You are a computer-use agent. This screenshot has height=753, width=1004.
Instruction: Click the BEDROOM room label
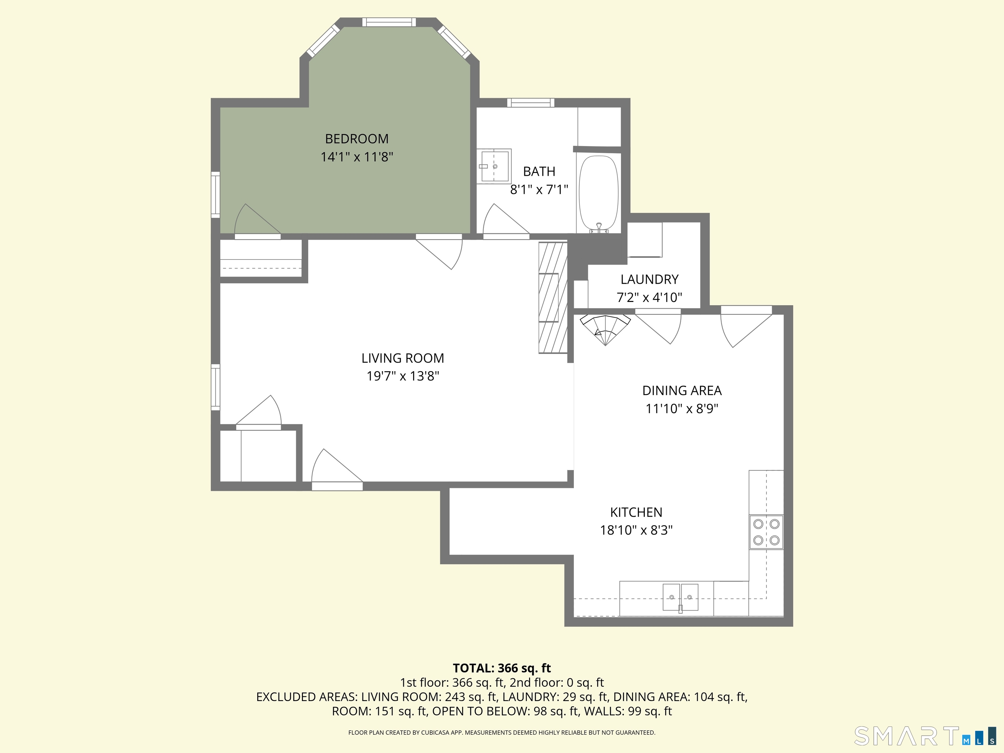tap(357, 139)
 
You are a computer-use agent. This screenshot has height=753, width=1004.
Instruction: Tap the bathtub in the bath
tap(599, 194)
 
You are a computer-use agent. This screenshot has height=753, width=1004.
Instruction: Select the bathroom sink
tap(494, 166)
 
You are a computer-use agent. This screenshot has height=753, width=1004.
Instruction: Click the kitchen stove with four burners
tap(766, 532)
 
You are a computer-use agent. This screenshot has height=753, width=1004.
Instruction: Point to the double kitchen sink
tap(680, 597)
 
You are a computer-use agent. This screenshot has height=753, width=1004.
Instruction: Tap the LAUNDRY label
tap(649, 279)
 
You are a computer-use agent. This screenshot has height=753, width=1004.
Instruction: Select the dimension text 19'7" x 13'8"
tap(403, 376)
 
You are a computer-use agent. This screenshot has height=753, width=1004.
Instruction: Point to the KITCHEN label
tap(636, 512)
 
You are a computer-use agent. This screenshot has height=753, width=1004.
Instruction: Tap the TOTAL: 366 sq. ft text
tap(502, 668)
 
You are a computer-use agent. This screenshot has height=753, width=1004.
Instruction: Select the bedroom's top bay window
tap(389, 22)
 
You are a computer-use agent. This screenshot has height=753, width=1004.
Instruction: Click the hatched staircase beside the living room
tap(553, 298)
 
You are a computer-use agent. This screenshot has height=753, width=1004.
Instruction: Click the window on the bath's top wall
tap(530, 103)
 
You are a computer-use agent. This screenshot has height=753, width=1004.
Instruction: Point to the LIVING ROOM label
tap(403, 358)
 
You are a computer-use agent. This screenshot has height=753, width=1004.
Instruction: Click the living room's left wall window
tap(216, 387)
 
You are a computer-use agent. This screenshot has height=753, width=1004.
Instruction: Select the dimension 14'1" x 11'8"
tap(357, 157)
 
